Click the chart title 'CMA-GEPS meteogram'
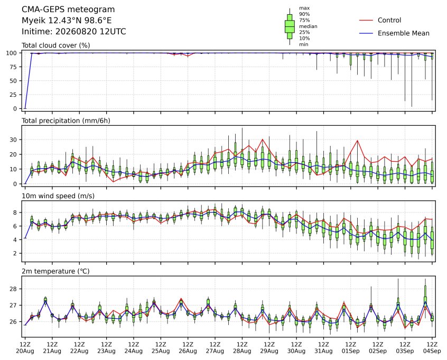coord(68,10)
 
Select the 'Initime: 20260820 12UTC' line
coord(74,31)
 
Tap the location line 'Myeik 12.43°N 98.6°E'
coord(67,21)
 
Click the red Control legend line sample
coord(366,20)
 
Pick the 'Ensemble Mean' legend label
coord(403,33)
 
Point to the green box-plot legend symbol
coord(290,26)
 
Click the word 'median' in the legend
coord(308,26)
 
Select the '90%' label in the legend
coord(304,14)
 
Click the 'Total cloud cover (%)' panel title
coord(56,45)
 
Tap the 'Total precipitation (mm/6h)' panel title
coord(66,121)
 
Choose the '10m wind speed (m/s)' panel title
coord(58,196)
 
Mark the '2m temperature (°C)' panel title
coord(55,271)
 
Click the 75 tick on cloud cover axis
coord(13,67)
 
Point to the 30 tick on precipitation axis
coord(13,140)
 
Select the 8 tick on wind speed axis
coord(15,213)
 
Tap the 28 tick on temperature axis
coord(13,289)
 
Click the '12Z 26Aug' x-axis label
coord(188,347)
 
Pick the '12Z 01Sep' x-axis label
coord(351,347)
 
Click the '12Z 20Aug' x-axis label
coord(25,347)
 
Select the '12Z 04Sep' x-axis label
coord(432,347)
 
